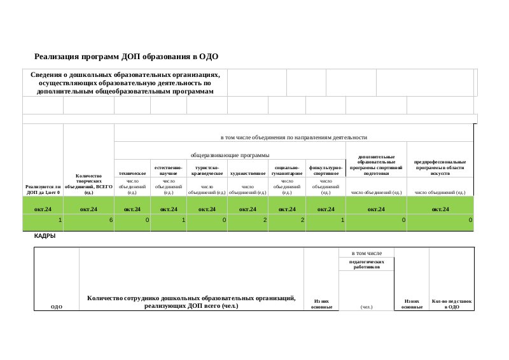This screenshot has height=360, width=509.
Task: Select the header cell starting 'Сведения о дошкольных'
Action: [x=125, y=83]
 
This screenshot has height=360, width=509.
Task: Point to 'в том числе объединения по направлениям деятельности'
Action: [x=293, y=137]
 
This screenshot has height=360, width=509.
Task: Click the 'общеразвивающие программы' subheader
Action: [x=230, y=155]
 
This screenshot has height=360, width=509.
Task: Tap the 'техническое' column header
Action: [x=132, y=172]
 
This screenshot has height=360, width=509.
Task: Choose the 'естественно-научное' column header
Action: [x=169, y=170]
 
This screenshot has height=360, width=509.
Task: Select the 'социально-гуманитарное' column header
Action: [x=287, y=170]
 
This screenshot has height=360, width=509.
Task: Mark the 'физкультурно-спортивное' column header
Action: [x=326, y=170]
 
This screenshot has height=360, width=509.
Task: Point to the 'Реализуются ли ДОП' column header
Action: [x=43, y=189]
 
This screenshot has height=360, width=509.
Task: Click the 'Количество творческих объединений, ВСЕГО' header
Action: [x=88, y=183]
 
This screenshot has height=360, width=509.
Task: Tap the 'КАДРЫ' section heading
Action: [x=45, y=236]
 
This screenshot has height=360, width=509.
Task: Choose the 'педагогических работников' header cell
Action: [x=366, y=264]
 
